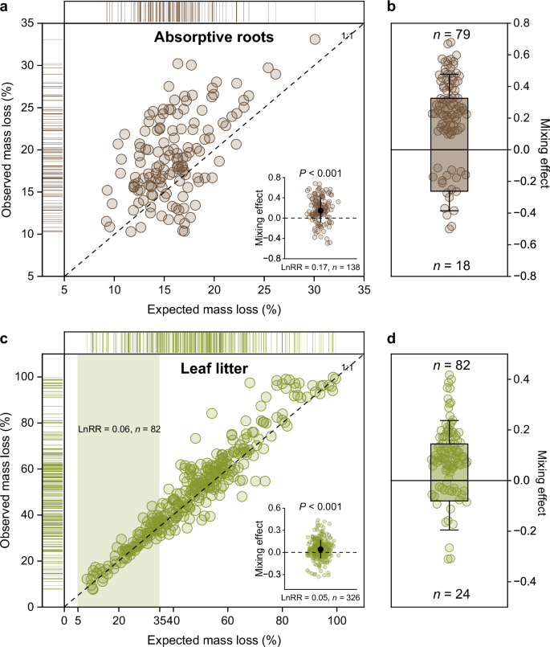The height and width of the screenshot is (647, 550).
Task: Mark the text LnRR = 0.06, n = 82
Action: coord(118,430)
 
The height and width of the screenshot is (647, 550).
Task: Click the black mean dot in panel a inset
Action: coord(320,211)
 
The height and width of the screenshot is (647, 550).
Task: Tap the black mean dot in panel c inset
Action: coord(320,550)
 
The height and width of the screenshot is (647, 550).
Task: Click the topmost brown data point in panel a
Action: coord(315,39)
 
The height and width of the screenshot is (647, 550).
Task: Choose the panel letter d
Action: coord(392,341)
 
